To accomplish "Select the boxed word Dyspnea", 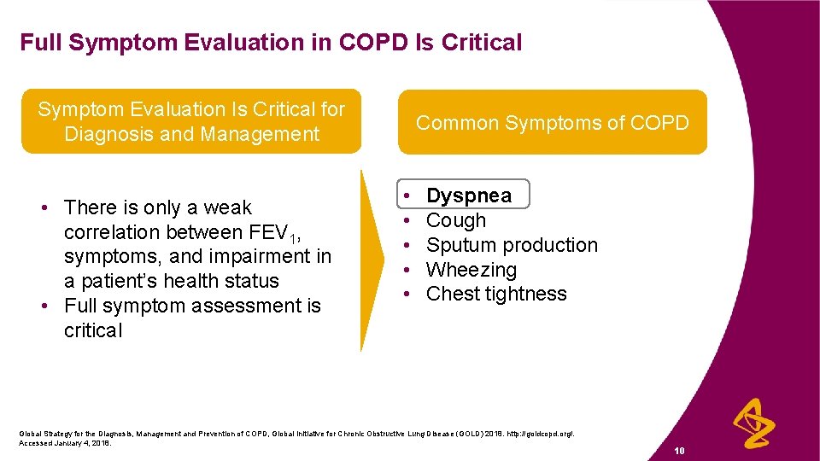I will (x=468, y=195).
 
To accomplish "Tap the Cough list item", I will (x=455, y=220).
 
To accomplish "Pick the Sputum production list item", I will (x=512, y=245).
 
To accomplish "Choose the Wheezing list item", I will (x=471, y=270).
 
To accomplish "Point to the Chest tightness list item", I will (x=495, y=294).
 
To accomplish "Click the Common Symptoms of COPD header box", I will (x=552, y=123).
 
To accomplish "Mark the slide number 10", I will (x=679, y=450).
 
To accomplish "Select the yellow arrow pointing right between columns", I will (x=370, y=265).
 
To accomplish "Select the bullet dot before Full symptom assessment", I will (x=52, y=306).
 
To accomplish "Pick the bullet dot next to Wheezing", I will (x=410, y=270).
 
